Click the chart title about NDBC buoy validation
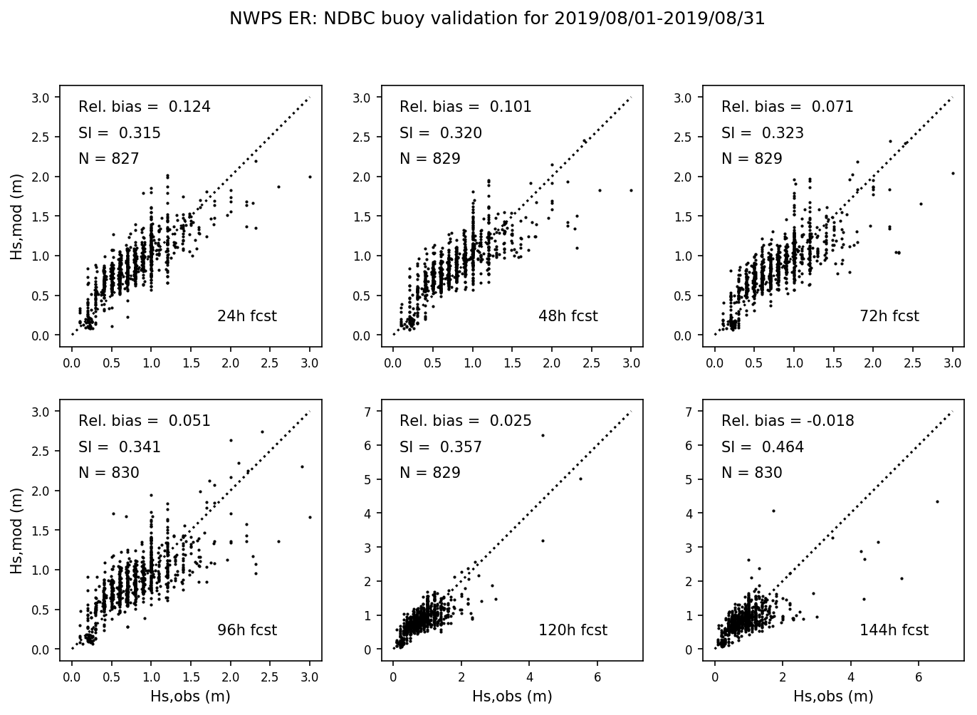coord(496,19)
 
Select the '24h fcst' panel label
coord(246,316)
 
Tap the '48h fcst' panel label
coord(568,316)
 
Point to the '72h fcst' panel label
coord(889,316)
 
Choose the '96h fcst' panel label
coord(246,630)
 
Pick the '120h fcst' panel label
coord(573,630)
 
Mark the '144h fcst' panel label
coord(894,630)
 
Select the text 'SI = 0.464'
coord(762,447)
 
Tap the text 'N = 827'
coord(108,159)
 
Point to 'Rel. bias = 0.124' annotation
coord(144,107)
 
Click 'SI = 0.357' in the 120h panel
coord(440,447)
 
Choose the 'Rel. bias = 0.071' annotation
coord(787,107)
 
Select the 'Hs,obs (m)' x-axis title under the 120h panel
coord(512,696)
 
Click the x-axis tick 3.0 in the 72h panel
coord(953,363)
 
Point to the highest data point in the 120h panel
coord(543,435)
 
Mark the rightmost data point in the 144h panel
coord(937,501)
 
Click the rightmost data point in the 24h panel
coord(310,177)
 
